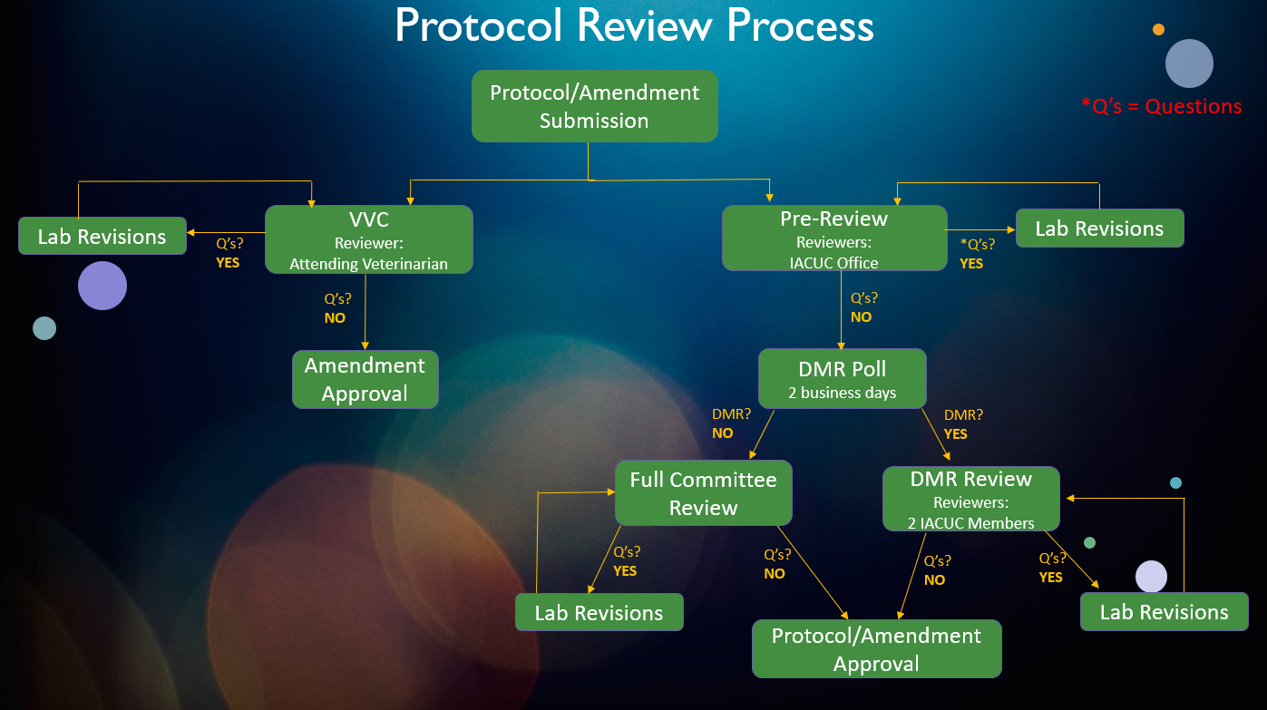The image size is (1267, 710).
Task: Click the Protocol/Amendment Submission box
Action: pos(594,106)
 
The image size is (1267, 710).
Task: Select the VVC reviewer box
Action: pos(368,239)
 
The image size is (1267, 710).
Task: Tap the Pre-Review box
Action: pos(833,238)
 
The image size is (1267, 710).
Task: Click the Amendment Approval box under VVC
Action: pos(365,379)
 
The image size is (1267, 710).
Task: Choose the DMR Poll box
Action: pos(843,378)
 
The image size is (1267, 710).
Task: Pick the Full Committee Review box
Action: pos(703,493)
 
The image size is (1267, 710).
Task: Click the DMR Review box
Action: pos(970,499)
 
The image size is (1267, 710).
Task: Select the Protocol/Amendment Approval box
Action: pos(876,649)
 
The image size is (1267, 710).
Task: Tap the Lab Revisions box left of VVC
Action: pos(102,237)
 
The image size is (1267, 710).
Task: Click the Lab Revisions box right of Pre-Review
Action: pos(1099,229)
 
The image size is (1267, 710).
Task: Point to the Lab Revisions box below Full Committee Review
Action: pos(599,613)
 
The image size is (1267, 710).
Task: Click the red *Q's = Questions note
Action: pos(1161,107)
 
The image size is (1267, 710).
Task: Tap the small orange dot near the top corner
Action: pos(1158,30)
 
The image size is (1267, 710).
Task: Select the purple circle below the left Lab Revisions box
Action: pos(102,286)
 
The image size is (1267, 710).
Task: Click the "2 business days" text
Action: pos(843,394)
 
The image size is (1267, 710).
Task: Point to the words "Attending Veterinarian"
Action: pos(368,264)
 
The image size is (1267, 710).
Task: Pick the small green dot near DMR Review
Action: pos(1089,542)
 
